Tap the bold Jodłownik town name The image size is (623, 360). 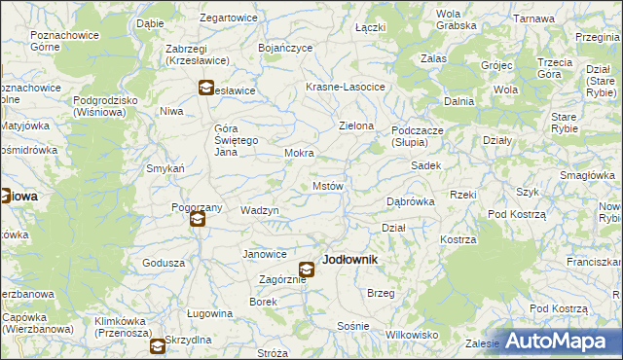coord(349,261)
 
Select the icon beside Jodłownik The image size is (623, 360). coord(307,270)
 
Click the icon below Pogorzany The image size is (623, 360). coord(198,220)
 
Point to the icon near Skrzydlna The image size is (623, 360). coord(157,345)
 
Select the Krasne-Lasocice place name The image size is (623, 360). coord(346,87)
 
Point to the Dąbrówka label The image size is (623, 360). coord(410,201)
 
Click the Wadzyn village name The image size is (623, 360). coord(260,210)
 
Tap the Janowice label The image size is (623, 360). coord(265,254)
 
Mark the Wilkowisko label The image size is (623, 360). coord(412,334)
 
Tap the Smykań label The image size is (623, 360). coord(165,168)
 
